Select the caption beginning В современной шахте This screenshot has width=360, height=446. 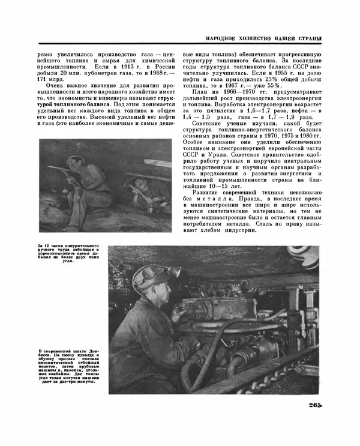66,366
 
